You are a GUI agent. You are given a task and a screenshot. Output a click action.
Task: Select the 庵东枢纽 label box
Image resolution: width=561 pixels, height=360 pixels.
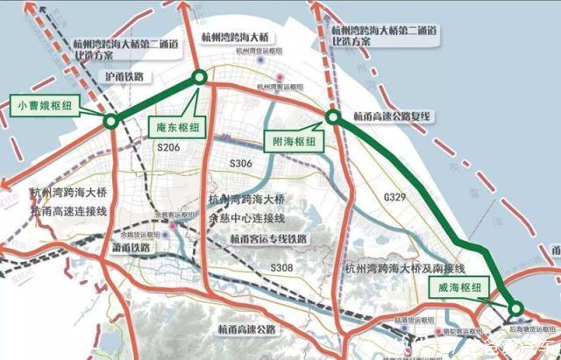click(x=179, y=126)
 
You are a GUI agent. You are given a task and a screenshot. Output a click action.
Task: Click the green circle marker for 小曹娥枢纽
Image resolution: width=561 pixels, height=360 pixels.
click(x=110, y=121)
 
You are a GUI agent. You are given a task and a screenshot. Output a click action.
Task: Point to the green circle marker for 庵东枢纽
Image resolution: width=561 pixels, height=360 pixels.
click(x=199, y=78)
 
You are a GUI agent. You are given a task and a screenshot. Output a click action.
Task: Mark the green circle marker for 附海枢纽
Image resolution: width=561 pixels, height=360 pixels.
click(x=332, y=116)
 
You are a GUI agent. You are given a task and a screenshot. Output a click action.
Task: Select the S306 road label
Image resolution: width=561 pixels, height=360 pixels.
click(x=239, y=165)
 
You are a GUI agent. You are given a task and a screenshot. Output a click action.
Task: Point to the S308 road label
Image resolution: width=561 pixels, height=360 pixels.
click(x=280, y=266)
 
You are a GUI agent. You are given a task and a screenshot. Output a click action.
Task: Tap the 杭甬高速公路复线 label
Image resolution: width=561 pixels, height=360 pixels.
click(x=394, y=116)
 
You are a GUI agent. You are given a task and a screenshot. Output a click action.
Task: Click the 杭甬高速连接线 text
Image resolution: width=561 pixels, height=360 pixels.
click(x=68, y=212)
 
